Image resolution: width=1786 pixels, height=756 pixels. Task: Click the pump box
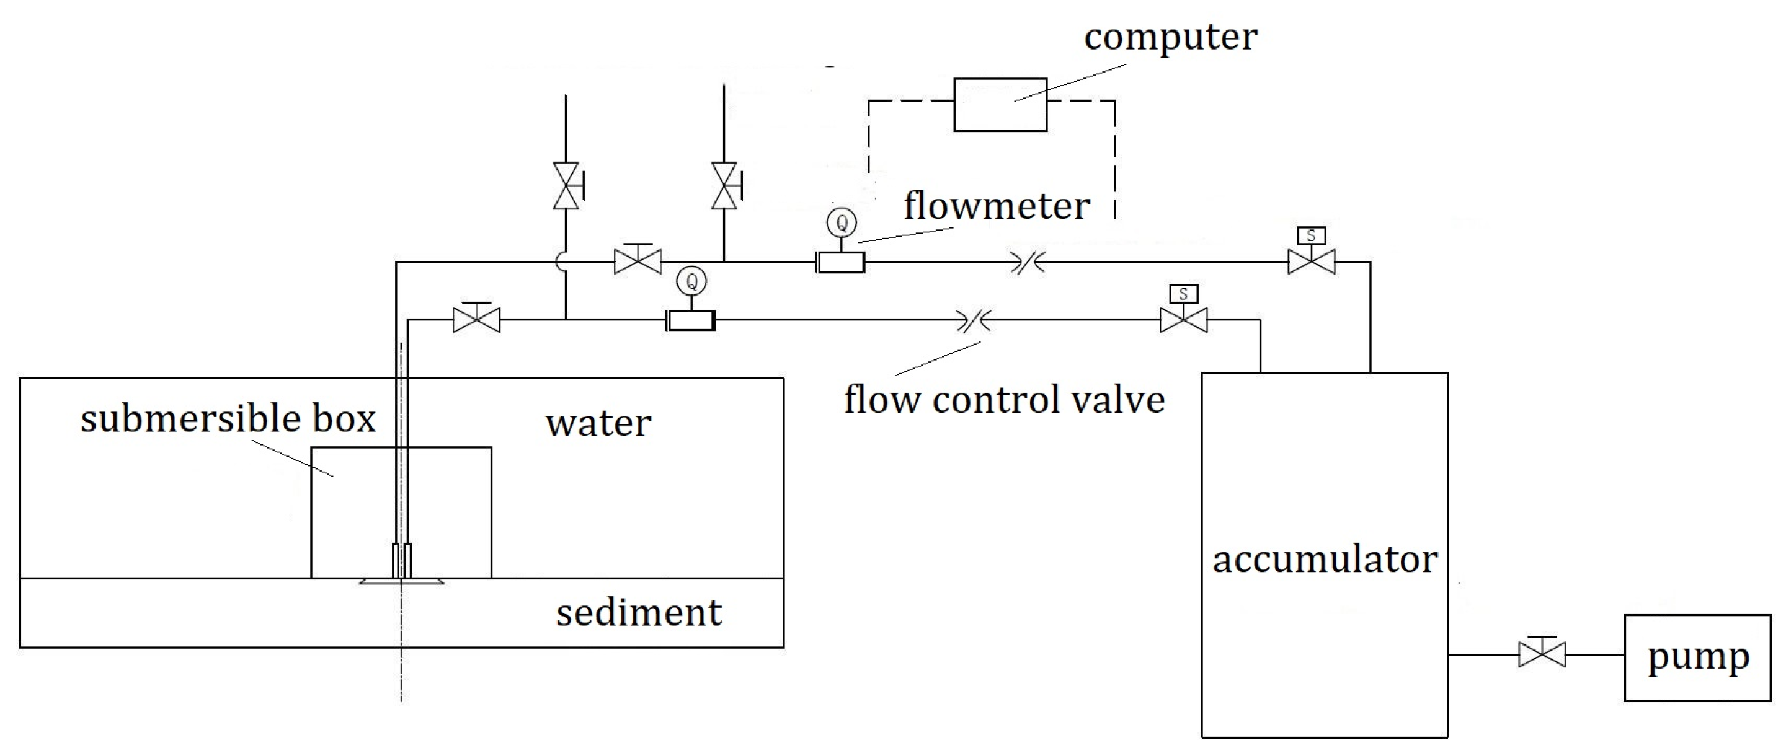(x=1697, y=657)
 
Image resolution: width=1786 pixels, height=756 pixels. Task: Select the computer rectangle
(x=1000, y=105)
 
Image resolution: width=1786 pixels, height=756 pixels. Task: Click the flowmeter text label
(x=997, y=206)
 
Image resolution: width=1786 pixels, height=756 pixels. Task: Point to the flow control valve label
(x=1004, y=400)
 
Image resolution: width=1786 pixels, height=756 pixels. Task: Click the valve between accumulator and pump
(x=1542, y=654)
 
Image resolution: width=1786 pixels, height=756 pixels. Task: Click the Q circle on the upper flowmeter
(x=842, y=223)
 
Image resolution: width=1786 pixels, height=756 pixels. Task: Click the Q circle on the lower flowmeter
(x=691, y=281)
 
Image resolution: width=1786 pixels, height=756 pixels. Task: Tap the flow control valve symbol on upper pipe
(x=1028, y=263)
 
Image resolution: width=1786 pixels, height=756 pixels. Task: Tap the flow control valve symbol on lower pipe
(x=974, y=320)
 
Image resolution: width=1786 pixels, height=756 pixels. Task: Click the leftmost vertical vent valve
(x=566, y=186)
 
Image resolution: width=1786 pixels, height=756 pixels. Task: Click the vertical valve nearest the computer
(x=724, y=186)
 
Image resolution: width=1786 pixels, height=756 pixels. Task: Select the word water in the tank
(x=598, y=423)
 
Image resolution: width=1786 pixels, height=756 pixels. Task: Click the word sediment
(x=639, y=613)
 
